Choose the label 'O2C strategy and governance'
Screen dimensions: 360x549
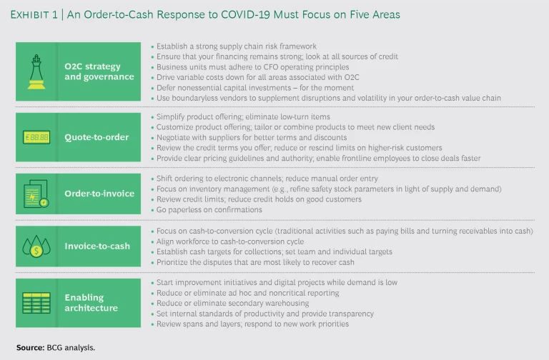tap(93, 72)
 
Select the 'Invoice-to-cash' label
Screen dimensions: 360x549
tap(97, 246)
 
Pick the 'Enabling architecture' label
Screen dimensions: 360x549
tap(89, 303)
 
